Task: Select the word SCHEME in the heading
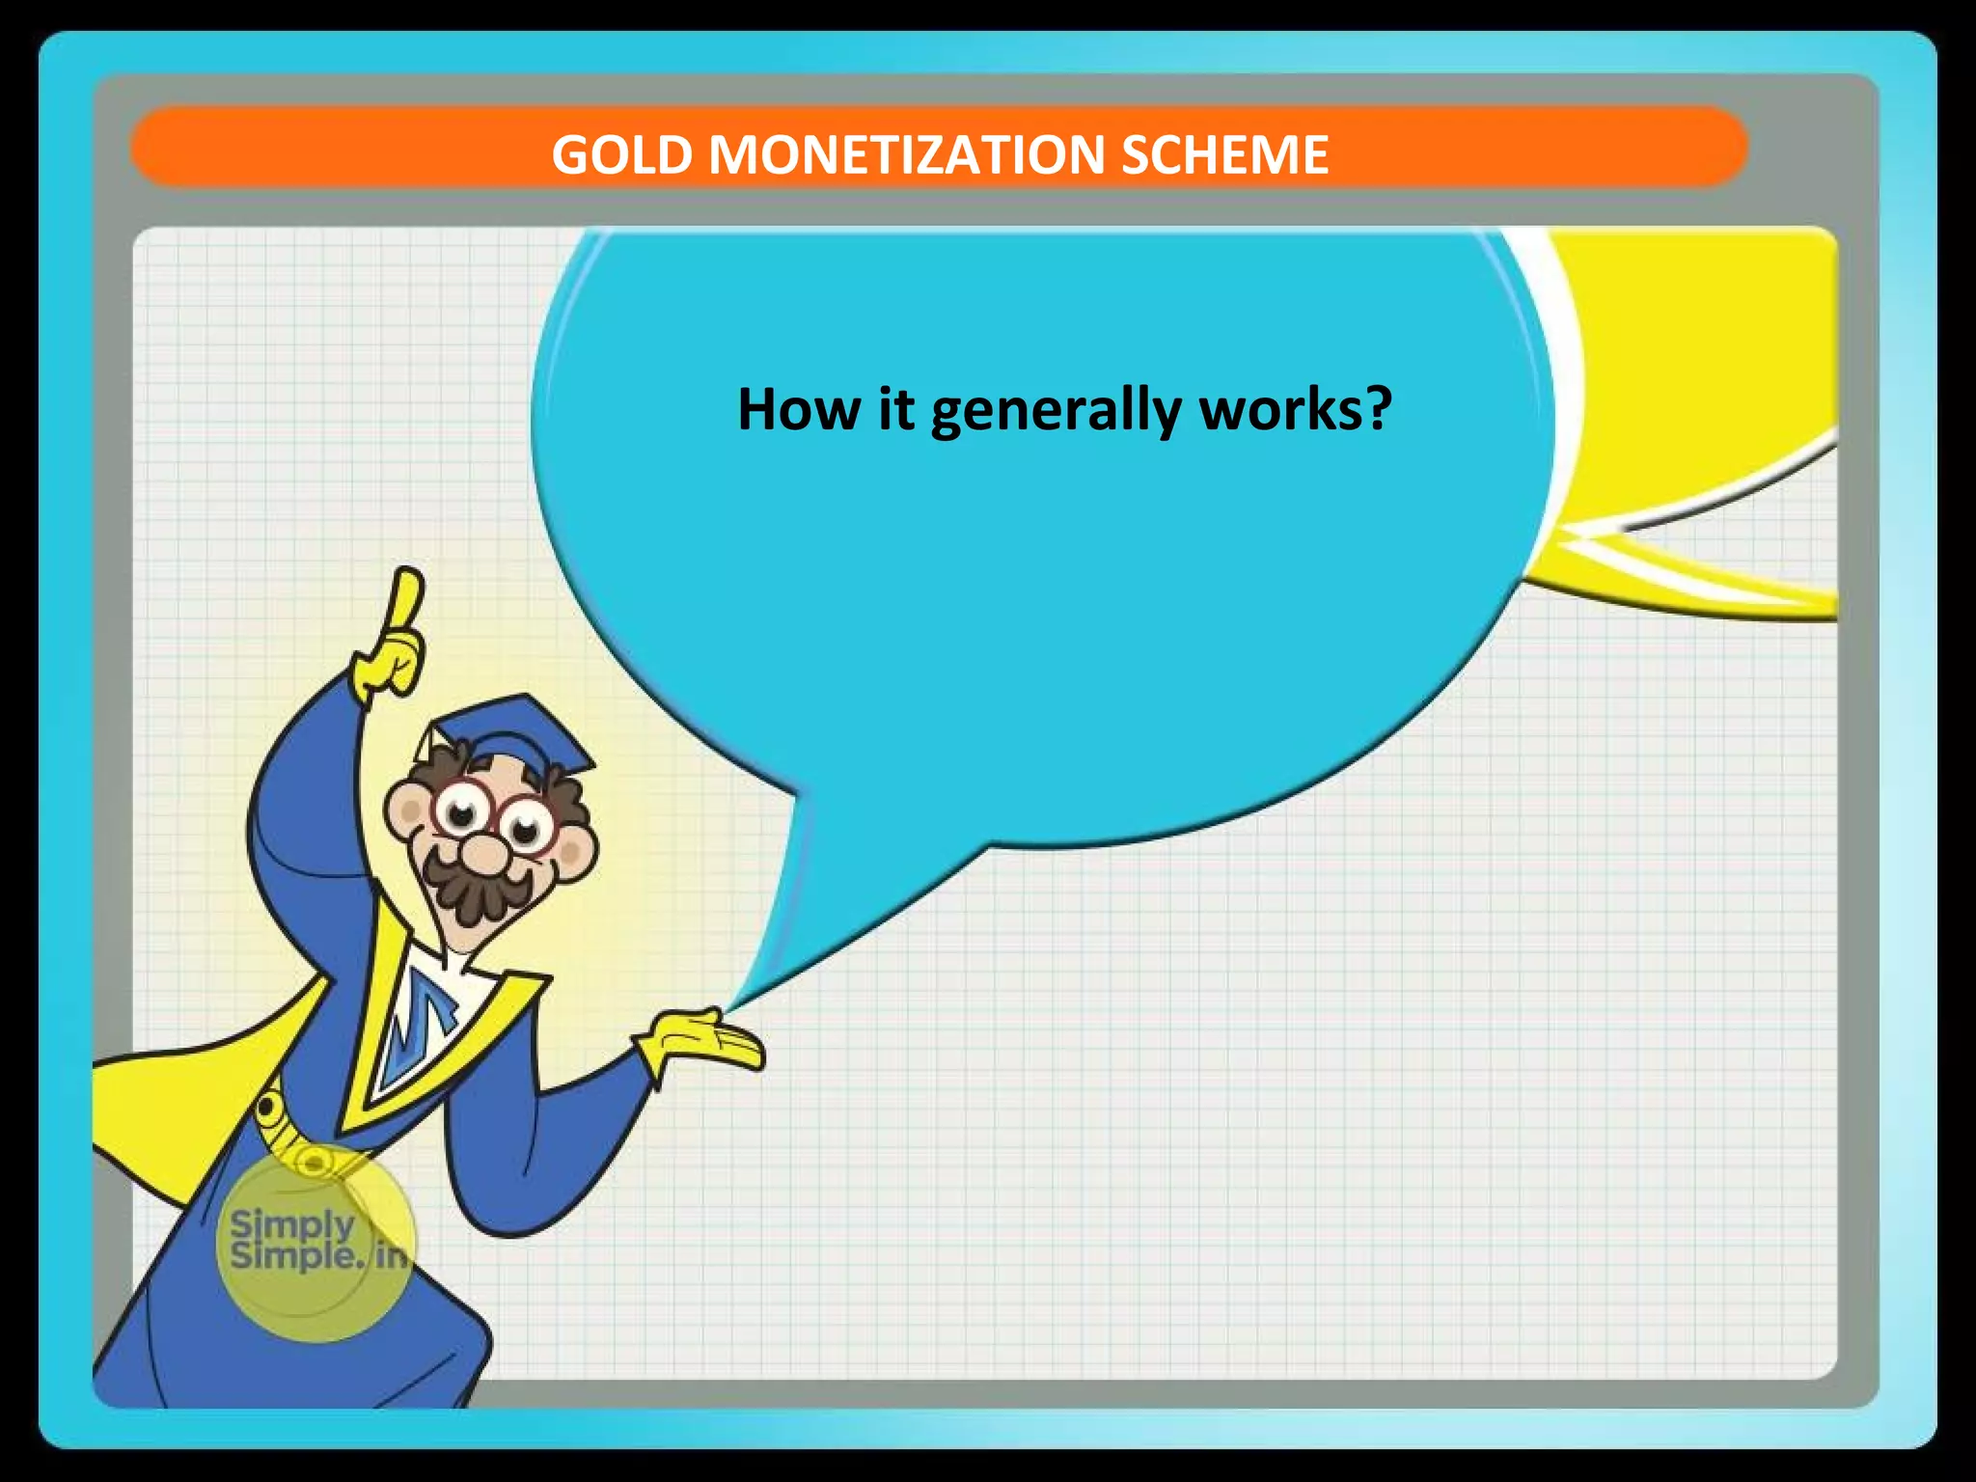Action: coord(1224,155)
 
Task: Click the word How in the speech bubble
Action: coord(798,409)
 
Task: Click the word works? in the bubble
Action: coord(1295,409)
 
